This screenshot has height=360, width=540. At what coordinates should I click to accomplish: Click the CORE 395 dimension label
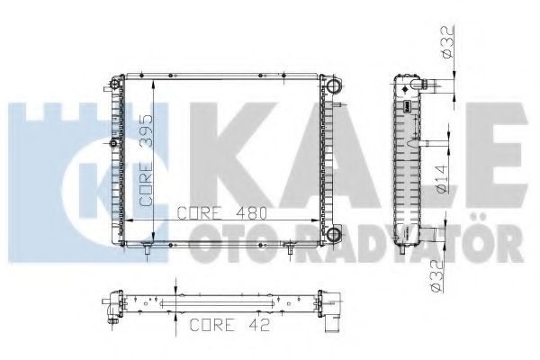146,160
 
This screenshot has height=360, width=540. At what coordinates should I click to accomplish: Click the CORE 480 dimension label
222,213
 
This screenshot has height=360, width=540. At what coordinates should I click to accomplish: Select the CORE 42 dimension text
229,325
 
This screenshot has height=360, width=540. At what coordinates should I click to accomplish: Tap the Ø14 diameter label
442,178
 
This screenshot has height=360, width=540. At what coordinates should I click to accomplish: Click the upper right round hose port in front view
333,85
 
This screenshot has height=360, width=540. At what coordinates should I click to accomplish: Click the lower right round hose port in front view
333,234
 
